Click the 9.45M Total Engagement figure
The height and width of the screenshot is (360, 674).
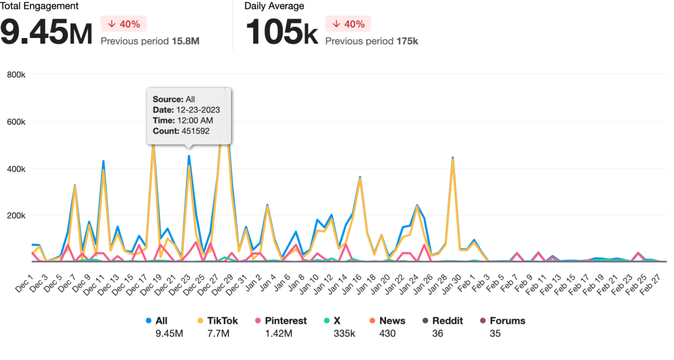(x=46, y=32)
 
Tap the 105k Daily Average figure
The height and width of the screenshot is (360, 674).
(x=281, y=32)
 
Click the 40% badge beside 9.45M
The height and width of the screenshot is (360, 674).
(x=123, y=24)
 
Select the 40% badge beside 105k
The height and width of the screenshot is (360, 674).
(x=348, y=24)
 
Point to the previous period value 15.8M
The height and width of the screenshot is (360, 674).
(x=185, y=41)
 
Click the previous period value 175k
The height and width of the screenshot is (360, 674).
(x=407, y=41)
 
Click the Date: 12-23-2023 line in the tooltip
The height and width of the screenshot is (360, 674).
(x=186, y=110)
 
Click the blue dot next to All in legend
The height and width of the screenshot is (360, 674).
(x=149, y=321)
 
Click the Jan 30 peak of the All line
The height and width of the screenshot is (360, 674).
(x=452, y=158)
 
